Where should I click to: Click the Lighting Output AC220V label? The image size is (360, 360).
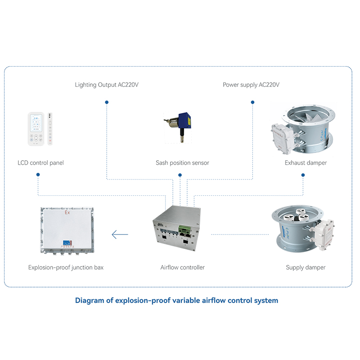107,85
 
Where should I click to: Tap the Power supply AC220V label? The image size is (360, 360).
251,85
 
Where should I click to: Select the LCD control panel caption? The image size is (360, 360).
40,162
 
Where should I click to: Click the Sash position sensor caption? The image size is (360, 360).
182,162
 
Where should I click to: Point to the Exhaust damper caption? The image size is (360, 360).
306,162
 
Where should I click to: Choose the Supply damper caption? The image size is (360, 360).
306,267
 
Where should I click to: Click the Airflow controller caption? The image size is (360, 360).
182,267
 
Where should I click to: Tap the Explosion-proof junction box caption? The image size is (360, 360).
66,267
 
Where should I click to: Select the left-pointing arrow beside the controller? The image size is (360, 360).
120,234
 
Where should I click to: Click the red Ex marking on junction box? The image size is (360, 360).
67,212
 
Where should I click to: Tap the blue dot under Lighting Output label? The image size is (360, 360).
107,103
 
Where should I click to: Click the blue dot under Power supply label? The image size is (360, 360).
252,103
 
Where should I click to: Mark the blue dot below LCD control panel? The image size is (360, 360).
37,177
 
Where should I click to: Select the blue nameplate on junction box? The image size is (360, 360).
66,243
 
